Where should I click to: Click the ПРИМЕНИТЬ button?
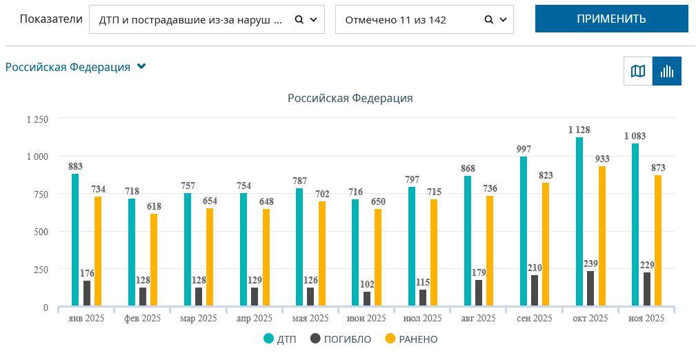[x=611, y=19]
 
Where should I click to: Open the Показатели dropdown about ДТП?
[x=206, y=20]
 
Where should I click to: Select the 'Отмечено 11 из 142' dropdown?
[x=424, y=20]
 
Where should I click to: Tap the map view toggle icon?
[x=638, y=71]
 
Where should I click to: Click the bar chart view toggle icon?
[x=667, y=71]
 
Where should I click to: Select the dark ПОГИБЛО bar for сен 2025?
[x=535, y=290]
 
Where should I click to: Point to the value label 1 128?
[x=579, y=130]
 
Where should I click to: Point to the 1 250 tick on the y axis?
[x=37, y=119]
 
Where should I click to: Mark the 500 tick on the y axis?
[x=41, y=232]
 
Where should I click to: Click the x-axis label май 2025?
[x=310, y=319]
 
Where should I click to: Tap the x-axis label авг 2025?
[x=478, y=319]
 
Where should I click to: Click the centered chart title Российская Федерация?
[x=350, y=98]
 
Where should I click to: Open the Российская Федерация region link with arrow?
[x=76, y=67]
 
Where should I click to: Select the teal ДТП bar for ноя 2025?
[x=635, y=224]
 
